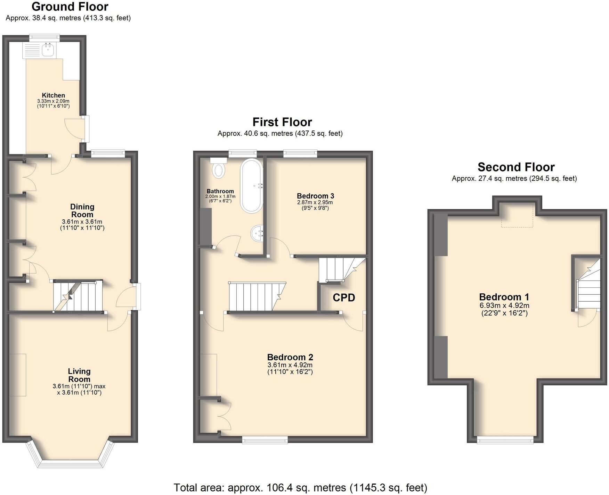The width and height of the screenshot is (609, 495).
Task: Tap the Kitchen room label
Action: (x=54, y=95)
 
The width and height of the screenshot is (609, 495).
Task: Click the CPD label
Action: (x=344, y=297)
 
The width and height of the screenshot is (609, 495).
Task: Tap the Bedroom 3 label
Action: (x=315, y=196)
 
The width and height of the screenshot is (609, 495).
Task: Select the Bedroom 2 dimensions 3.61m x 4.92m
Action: (x=290, y=365)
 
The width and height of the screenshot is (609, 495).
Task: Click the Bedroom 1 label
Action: (x=504, y=297)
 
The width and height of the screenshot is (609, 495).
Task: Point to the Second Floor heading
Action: (x=516, y=167)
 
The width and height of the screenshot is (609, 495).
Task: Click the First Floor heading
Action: (x=282, y=122)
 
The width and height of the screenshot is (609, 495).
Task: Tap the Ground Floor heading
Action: (x=70, y=7)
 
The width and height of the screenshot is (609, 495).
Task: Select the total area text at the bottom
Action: (x=300, y=487)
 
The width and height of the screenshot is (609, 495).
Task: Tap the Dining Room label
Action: (x=82, y=210)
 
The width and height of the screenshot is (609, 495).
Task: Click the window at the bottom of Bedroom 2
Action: (x=265, y=440)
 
